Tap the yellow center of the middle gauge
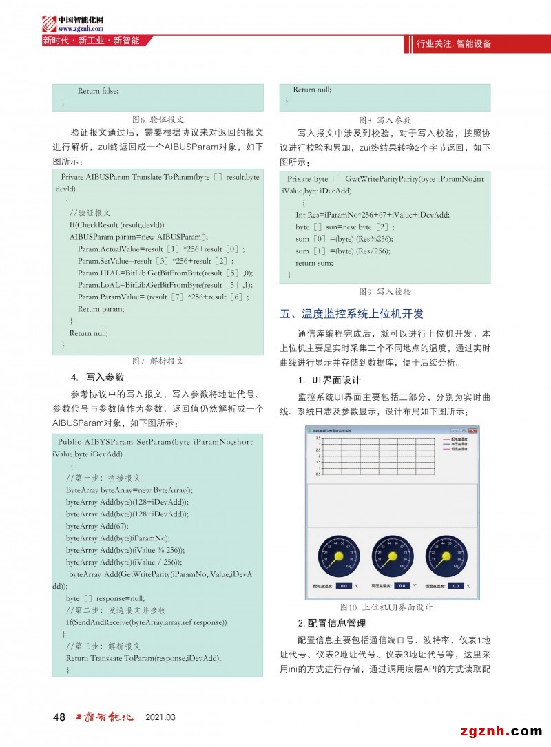pos(387,556)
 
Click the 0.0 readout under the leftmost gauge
pos(344,586)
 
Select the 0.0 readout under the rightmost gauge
pos(455,586)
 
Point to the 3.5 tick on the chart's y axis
pos(318,438)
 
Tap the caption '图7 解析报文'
pos(158,361)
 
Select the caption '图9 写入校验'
pos(385,291)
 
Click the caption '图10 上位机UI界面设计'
pos(386,607)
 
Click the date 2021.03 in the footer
pos(160,718)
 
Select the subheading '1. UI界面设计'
pos(329,380)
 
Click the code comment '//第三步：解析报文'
pos(103,646)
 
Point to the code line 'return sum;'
pos(315,263)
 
